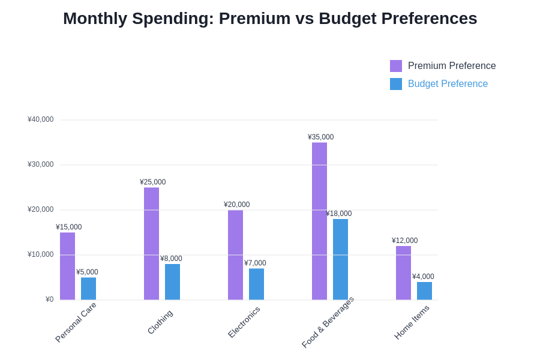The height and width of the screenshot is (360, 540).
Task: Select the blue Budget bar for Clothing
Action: [172, 282]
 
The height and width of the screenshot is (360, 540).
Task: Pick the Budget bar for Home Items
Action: [424, 291]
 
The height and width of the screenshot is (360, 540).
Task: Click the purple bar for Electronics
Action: [235, 255]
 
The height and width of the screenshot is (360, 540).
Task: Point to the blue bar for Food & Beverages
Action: [340, 259]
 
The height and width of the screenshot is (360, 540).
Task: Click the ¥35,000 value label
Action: [320, 137]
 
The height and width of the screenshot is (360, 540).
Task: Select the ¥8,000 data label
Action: [171, 259]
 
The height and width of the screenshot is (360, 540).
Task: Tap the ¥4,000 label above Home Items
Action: [423, 277]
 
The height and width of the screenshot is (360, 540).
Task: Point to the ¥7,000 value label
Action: [255, 263]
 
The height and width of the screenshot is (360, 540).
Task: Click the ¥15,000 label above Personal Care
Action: [68, 227]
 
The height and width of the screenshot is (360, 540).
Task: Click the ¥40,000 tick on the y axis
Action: [40, 119]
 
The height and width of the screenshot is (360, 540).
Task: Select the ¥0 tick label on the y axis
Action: [49, 299]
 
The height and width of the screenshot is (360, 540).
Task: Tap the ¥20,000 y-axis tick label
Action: [40, 209]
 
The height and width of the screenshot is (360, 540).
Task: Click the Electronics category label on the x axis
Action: [244, 322]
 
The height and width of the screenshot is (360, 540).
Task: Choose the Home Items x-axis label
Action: [412, 322]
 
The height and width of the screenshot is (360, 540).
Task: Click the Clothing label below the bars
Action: [160, 322]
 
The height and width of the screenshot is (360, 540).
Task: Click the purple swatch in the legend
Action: [396, 66]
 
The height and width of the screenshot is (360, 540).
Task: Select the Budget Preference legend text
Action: [448, 84]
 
